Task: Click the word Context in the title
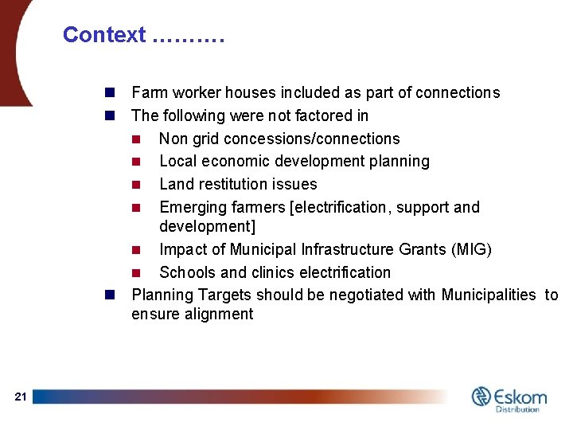pos(104,35)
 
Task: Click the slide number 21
pos(21,397)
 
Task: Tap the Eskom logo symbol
pos(481,397)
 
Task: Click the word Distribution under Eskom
pos(517,409)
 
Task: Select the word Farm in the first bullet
pos(149,92)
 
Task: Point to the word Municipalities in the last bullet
pos(487,295)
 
